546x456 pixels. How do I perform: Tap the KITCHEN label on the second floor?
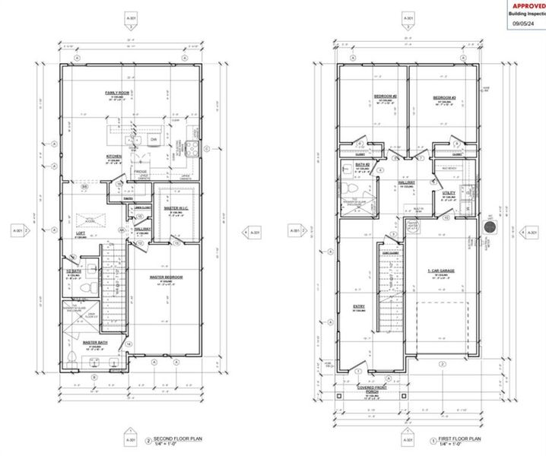point(114,157)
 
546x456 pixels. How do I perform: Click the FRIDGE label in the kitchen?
point(142,173)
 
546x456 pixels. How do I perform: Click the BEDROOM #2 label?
point(383,96)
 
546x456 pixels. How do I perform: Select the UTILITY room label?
point(449,193)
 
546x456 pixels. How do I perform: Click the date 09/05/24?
point(524,23)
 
